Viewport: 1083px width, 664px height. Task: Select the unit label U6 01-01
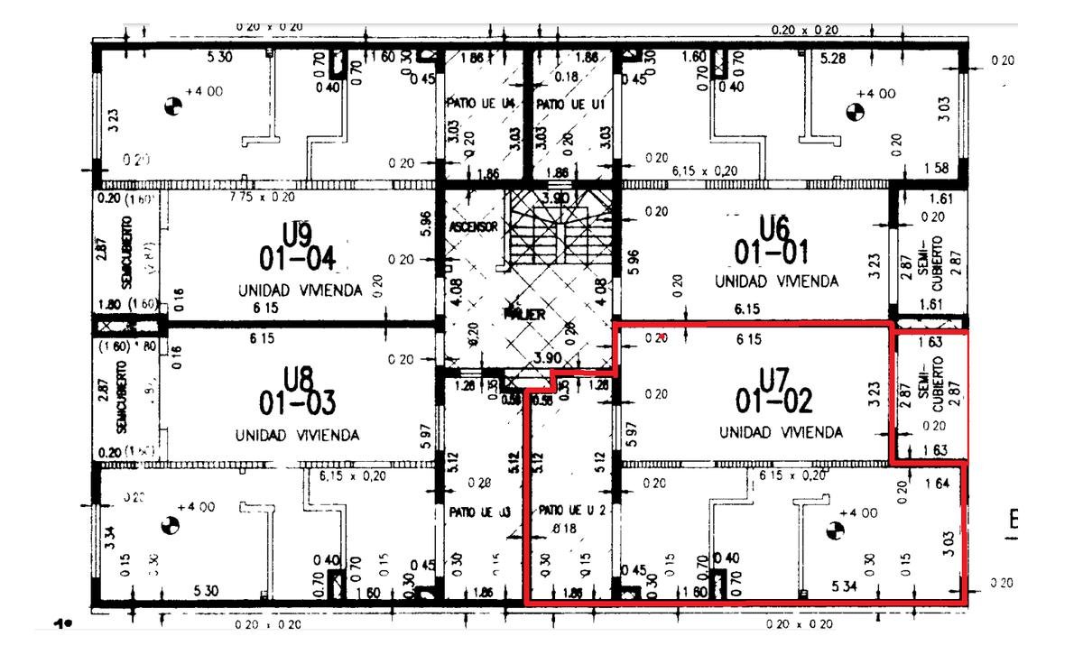[771, 240]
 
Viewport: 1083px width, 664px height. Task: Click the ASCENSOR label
[472, 226]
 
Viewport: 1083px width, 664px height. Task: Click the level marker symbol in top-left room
[171, 107]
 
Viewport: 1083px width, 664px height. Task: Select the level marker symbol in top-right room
[855, 112]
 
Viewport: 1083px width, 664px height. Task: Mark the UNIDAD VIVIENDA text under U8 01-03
[297, 435]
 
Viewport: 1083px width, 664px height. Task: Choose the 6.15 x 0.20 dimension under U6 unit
[704, 170]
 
